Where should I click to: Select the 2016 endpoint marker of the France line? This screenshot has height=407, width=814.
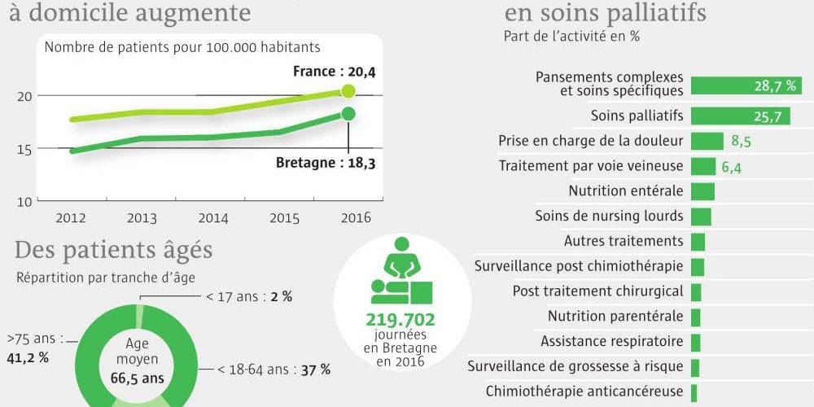pos(348,91)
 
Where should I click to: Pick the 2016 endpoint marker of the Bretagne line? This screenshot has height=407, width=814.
pos(348,114)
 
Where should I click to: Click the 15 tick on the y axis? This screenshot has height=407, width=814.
pos(24,149)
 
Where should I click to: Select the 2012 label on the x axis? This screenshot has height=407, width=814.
pos(71,217)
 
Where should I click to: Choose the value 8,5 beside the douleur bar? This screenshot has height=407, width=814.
pos(741,142)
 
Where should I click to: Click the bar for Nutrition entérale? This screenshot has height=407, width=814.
pos(702,191)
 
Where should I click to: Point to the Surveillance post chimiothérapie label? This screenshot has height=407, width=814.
pos(579,266)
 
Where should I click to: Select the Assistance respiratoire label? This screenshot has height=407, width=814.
pos(611,341)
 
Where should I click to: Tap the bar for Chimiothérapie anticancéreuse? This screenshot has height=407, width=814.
pos(694,392)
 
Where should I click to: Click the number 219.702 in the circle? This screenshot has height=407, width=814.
pos(400,319)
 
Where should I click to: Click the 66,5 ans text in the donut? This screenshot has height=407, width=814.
pos(138,378)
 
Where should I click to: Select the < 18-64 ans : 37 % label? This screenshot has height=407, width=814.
pos(274,370)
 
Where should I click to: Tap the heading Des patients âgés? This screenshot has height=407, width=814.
pos(113,248)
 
